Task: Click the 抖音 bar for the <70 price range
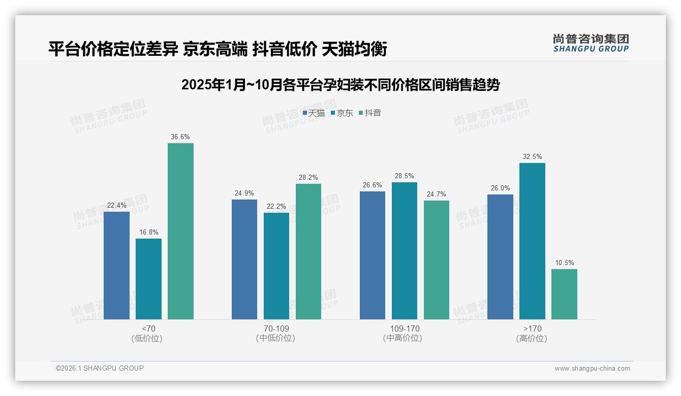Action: coord(180,231)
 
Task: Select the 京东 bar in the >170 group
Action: coord(532,241)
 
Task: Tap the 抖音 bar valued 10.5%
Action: coord(564,294)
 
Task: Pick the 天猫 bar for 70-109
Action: coord(244,259)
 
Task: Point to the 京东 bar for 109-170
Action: coord(404,251)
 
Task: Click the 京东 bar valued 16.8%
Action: coord(148,279)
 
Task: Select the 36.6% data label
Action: coord(180,137)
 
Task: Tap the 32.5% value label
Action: coord(532,157)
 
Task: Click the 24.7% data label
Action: coord(437,194)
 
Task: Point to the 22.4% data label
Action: coord(116,206)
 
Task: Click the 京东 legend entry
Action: coord(342,113)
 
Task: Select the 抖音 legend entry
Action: coord(370,113)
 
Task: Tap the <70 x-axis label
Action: coord(148,328)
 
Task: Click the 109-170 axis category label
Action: coord(404,328)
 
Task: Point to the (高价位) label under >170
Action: coord(532,339)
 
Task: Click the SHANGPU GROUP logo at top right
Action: coord(591,43)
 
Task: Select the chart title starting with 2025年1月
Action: coord(340,85)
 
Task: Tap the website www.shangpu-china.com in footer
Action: coord(592,369)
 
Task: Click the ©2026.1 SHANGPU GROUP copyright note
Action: coord(100,368)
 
